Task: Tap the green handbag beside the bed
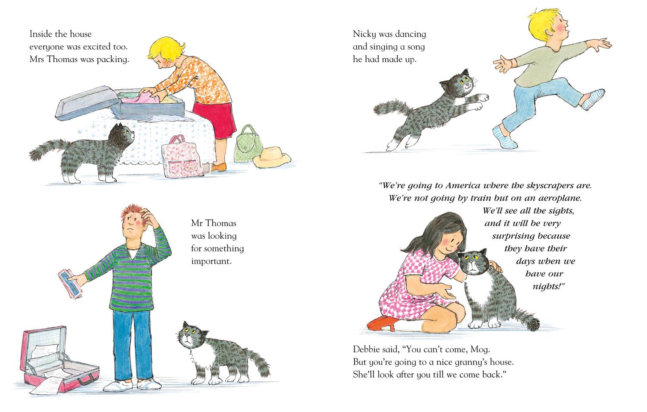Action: pyautogui.click(x=248, y=145)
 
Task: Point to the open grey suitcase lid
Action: pyautogui.click(x=88, y=103)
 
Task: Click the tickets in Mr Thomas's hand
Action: pyautogui.click(x=70, y=283)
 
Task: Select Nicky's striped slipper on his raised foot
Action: pyautogui.click(x=593, y=99)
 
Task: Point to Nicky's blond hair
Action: pyautogui.click(x=543, y=22)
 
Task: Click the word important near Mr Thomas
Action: pyautogui.click(x=211, y=261)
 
